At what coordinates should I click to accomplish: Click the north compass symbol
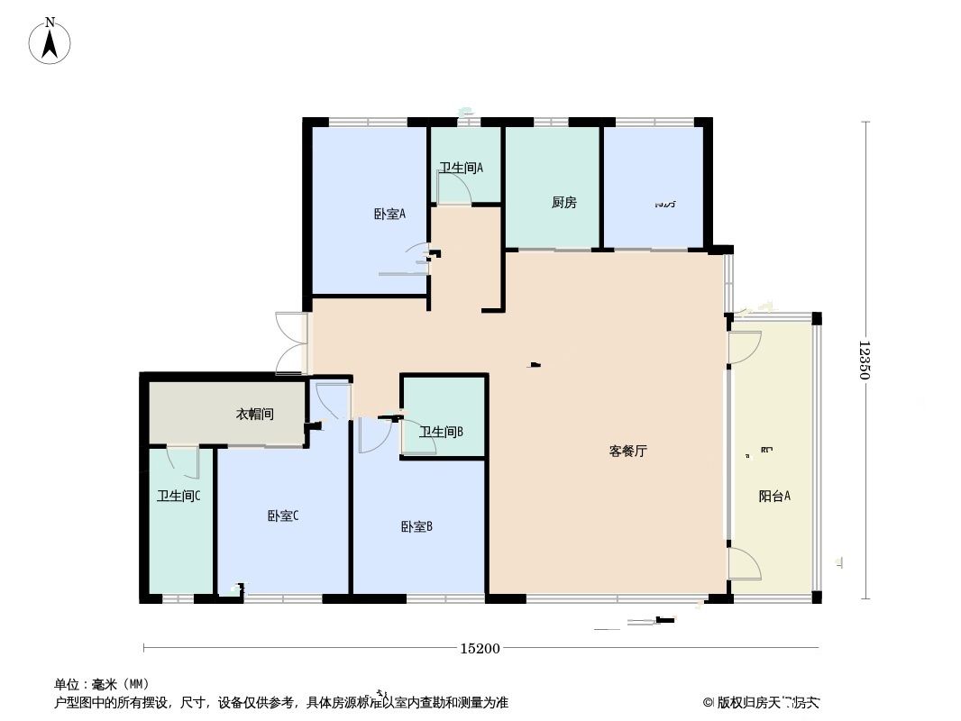(51, 41)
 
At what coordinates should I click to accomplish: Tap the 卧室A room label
(389, 214)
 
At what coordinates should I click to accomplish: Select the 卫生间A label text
(462, 168)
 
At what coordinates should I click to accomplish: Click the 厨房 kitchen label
(563, 203)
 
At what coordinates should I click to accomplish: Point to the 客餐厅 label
(627, 452)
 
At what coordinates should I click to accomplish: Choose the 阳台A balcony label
(774, 496)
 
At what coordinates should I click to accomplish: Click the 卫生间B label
(441, 432)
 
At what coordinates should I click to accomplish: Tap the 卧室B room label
(416, 526)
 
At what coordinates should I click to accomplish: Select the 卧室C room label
(282, 516)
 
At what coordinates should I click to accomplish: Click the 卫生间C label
(178, 496)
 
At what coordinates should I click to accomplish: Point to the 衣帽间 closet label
(254, 415)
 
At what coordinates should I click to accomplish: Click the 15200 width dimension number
(480, 648)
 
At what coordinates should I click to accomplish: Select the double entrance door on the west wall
(291, 342)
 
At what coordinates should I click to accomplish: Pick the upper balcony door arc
(745, 348)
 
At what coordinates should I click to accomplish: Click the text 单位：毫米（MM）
(101, 684)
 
